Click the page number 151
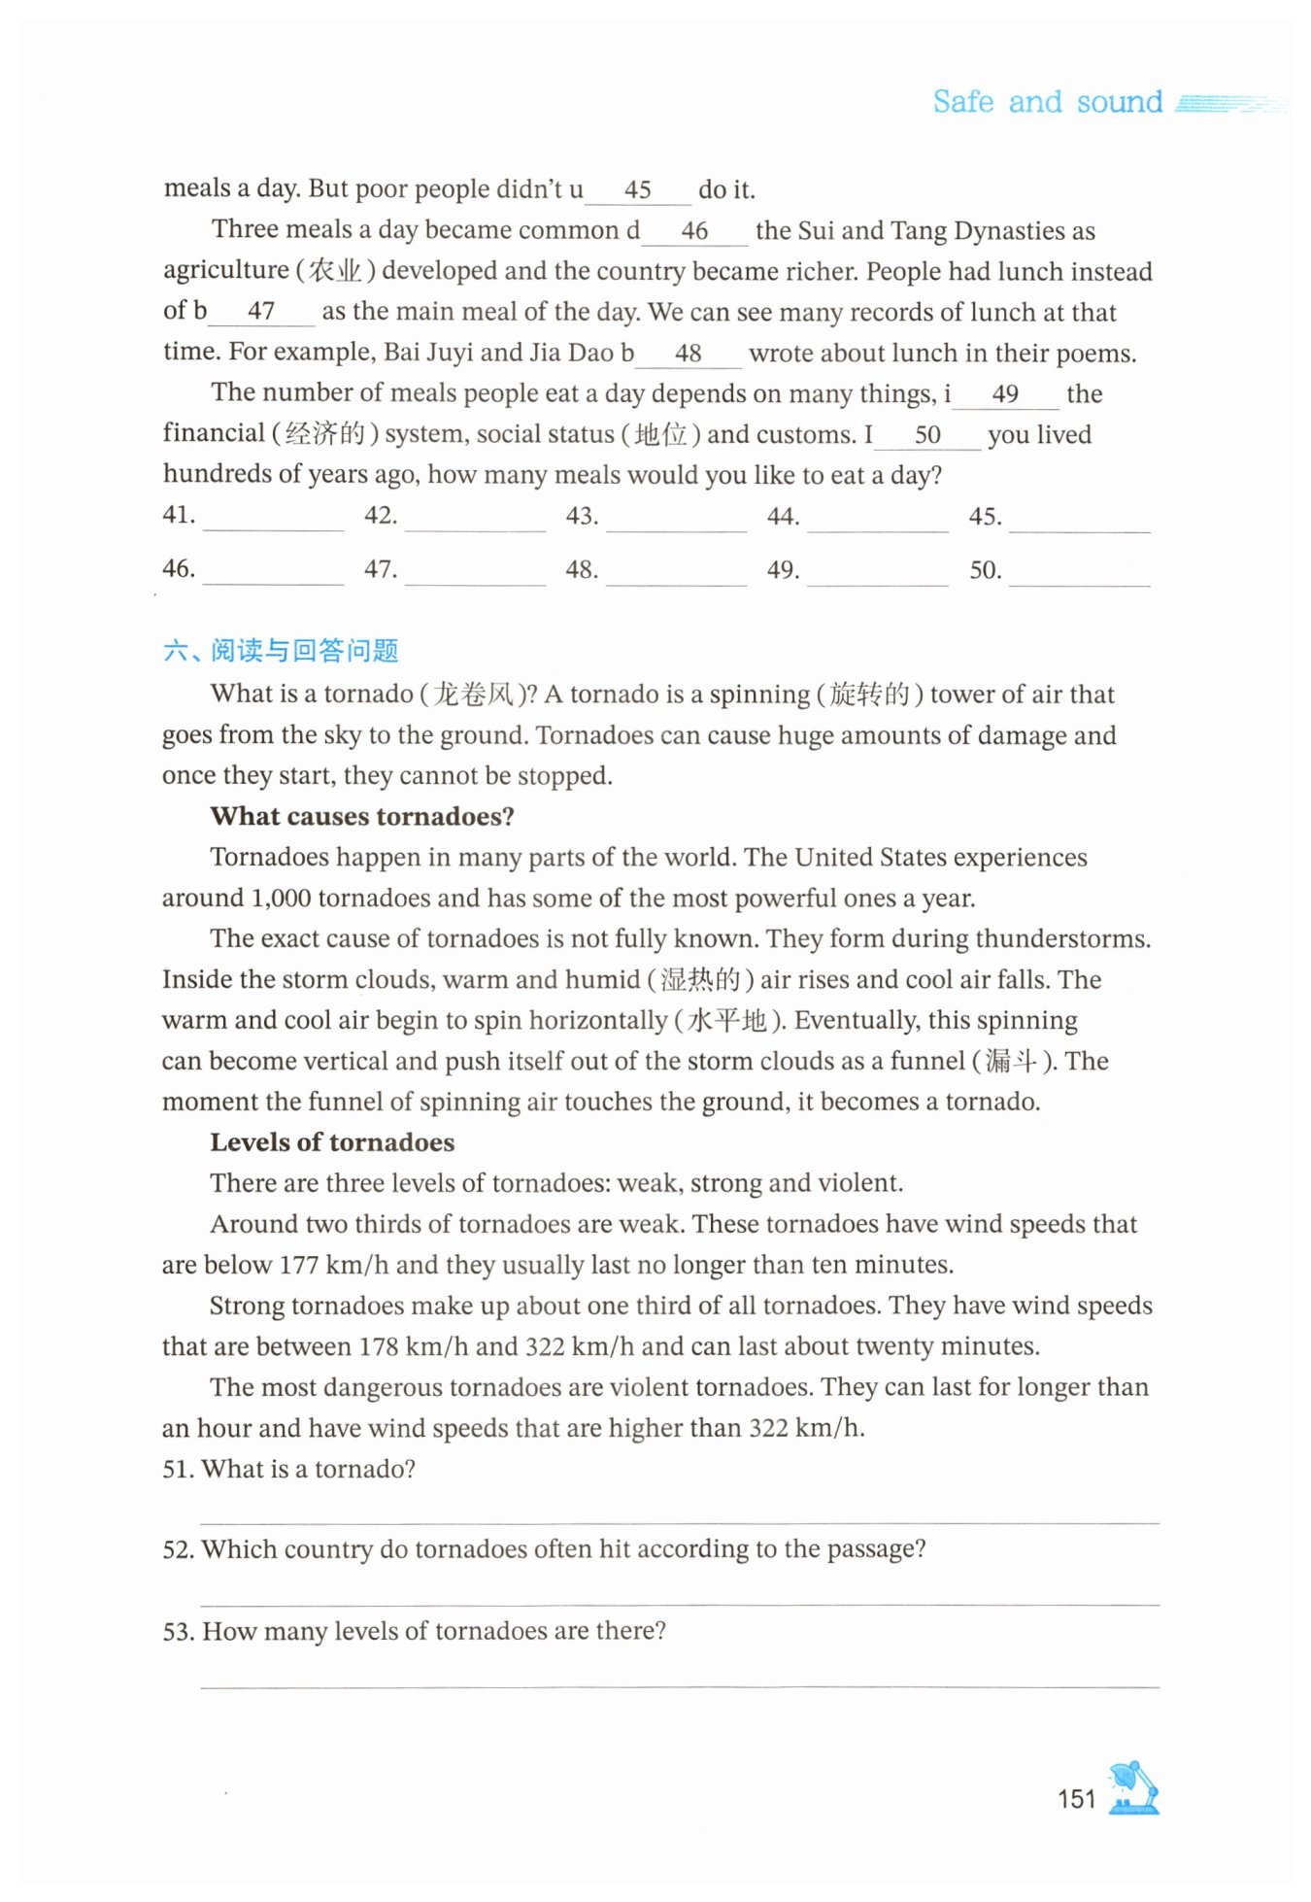coord(1076,1798)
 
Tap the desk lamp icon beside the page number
coord(1134,1787)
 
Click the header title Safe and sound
coord(1047,102)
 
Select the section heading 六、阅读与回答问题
coord(281,650)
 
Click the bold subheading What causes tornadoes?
coord(362,816)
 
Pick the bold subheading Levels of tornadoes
coord(332,1142)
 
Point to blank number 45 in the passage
coord(638,190)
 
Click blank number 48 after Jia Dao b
coord(689,354)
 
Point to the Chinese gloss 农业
coord(335,271)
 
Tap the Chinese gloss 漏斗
coord(1011,1061)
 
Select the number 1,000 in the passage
coord(281,899)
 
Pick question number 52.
coord(179,1549)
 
